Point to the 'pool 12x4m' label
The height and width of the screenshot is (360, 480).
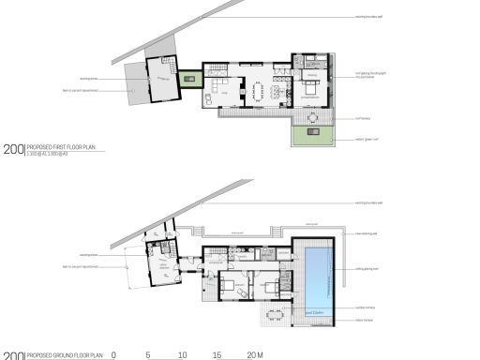tap(315, 311)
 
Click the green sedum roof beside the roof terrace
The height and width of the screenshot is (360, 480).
tap(312, 135)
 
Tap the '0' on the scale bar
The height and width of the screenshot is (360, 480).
tap(113, 355)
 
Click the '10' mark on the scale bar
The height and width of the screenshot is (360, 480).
tap(182, 355)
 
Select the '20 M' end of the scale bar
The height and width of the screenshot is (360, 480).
tap(254, 355)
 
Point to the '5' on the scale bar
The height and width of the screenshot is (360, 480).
tap(148, 355)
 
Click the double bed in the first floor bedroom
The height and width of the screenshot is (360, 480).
tap(310, 90)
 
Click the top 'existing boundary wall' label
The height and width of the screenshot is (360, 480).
tap(373, 17)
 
